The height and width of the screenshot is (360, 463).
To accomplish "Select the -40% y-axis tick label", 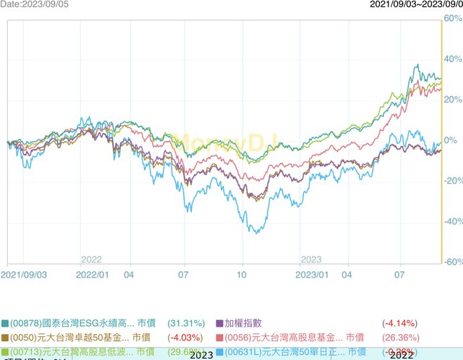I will coord(451,221).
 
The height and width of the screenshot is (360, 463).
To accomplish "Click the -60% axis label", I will coord(451,262).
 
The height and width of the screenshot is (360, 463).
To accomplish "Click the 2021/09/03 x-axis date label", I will coord(25,275).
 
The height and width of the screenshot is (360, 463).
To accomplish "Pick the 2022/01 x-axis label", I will coord(93,275).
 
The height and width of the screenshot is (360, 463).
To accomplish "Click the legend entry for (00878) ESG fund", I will coord(80,323).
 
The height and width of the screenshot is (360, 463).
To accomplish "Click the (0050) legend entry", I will coord(80,337).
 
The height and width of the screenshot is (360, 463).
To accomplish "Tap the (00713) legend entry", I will coord(80,351).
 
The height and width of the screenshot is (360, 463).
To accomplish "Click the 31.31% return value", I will coord(187,323).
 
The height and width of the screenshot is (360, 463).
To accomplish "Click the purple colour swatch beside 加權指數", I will coord(220,323).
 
